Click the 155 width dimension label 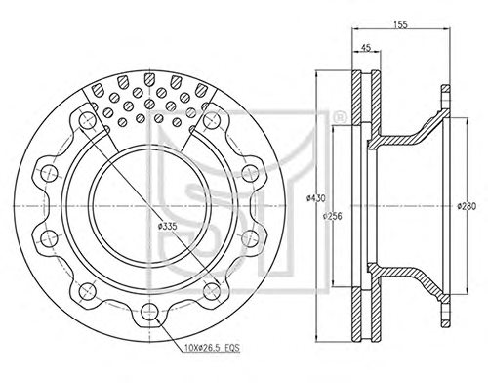(400, 25)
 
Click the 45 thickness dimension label (366, 48)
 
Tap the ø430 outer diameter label (316, 198)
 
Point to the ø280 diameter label (467, 206)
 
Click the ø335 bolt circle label (167, 227)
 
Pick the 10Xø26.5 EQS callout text (212, 348)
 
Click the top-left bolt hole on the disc (87, 119)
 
